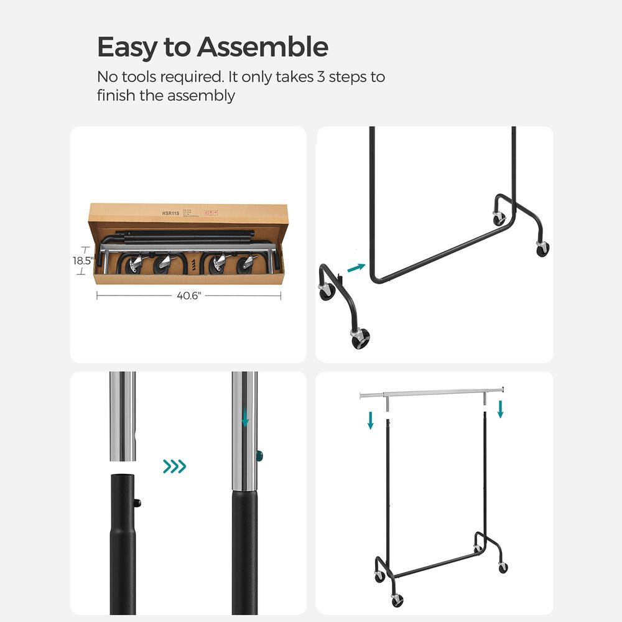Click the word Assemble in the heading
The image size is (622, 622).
(x=263, y=47)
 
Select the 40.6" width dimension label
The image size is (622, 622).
(x=189, y=296)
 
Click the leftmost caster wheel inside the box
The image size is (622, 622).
(x=135, y=265)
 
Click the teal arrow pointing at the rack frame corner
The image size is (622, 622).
(x=356, y=267)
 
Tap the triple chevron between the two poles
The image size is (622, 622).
(x=174, y=466)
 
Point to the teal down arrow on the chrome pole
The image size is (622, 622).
(x=245, y=417)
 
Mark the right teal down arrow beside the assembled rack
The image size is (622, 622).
(x=501, y=409)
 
